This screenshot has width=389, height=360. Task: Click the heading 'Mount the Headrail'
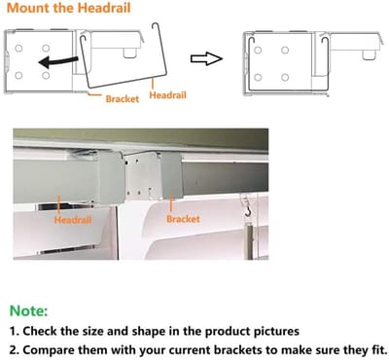pos(68,8)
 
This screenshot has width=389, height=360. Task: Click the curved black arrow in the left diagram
pos(58,61)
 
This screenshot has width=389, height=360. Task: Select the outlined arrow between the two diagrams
pos(206,58)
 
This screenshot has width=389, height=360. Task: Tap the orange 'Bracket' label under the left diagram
pos(123,98)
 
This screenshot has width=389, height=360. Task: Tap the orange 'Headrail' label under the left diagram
pos(167,95)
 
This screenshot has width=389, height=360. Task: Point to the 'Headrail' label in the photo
pos(73,220)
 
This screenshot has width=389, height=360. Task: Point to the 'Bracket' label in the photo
pos(183,219)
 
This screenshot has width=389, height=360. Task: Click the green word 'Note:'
pos(28,310)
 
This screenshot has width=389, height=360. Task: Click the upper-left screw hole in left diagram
pos(18,48)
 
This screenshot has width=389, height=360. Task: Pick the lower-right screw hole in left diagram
pos(46,76)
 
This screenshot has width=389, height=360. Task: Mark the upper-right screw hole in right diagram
pos(285,50)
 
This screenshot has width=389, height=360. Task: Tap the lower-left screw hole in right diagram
pos(258,78)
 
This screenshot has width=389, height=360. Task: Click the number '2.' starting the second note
pos(15,350)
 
